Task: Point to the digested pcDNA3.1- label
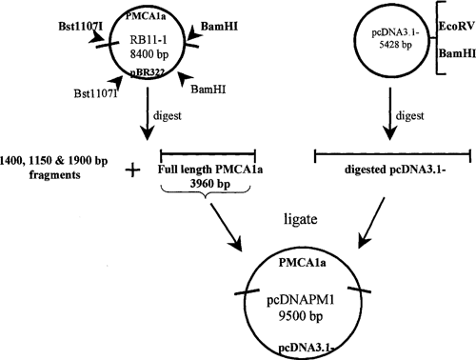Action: point(390,173)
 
